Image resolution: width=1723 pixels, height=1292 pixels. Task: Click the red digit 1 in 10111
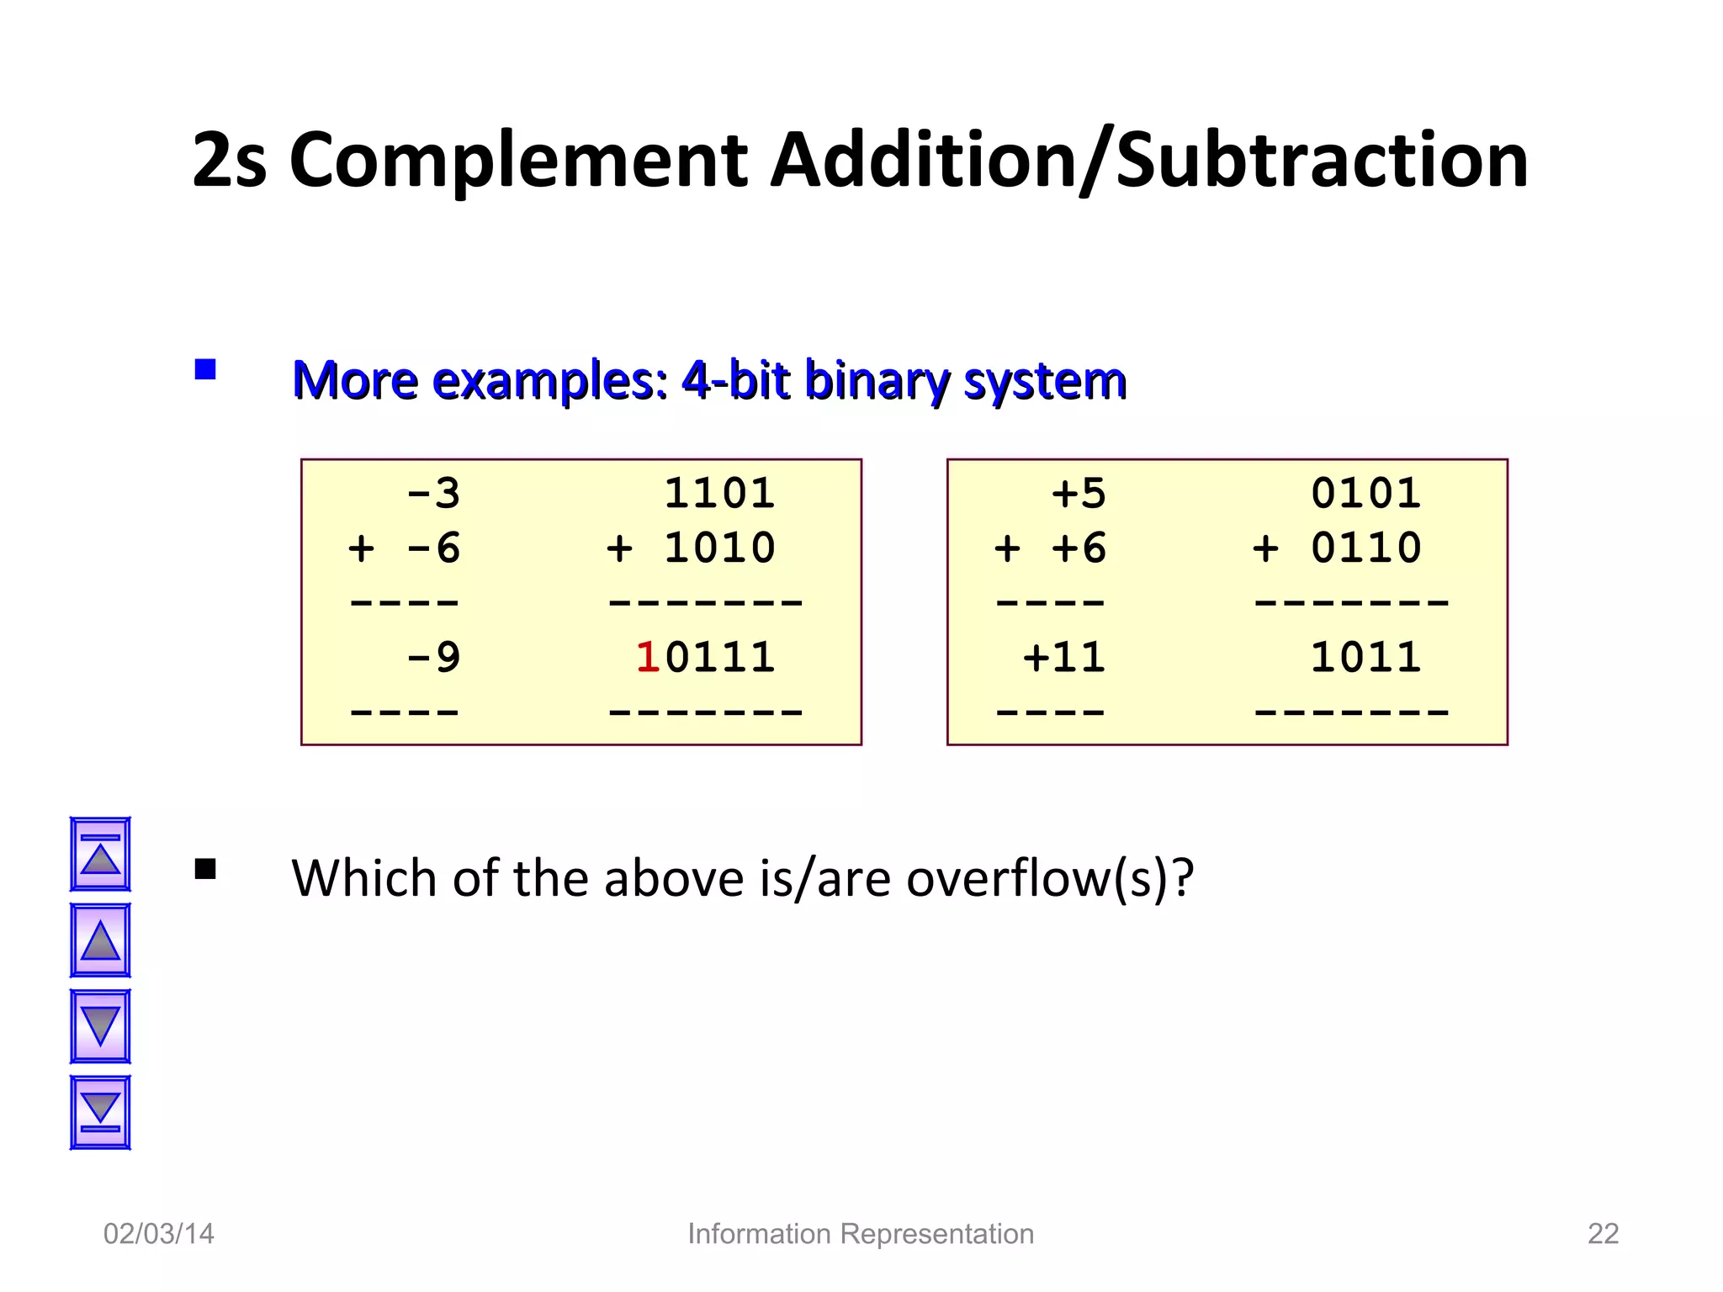coord(647,658)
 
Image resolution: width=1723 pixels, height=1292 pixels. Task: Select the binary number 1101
coord(719,494)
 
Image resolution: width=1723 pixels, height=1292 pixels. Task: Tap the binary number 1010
coord(719,548)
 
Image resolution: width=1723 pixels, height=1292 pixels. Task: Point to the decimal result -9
coord(433,658)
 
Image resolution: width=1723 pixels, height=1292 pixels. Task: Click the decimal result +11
coord(1064,658)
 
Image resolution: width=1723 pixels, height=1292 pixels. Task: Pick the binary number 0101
coord(1366,494)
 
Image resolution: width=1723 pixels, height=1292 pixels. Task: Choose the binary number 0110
coord(1366,548)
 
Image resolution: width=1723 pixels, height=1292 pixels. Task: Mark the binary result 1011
coord(1366,658)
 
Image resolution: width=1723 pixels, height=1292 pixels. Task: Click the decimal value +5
coord(1079,494)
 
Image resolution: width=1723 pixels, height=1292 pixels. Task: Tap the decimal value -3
coord(433,494)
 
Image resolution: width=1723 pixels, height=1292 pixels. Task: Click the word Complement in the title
coord(518,161)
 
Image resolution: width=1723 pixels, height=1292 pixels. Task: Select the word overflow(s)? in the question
coord(1050,879)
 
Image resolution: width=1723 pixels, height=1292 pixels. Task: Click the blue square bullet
coord(205,370)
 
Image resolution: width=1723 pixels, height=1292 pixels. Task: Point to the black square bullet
coord(205,869)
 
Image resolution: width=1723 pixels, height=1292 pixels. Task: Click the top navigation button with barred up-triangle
coord(100,854)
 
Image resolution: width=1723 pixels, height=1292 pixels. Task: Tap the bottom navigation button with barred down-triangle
coord(100,1112)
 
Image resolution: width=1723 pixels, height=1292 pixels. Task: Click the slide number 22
coord(1603,1234)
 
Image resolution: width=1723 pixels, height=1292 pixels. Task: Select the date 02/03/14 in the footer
coord(159,1234)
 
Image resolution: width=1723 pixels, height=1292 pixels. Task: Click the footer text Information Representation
coord(861,1234)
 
